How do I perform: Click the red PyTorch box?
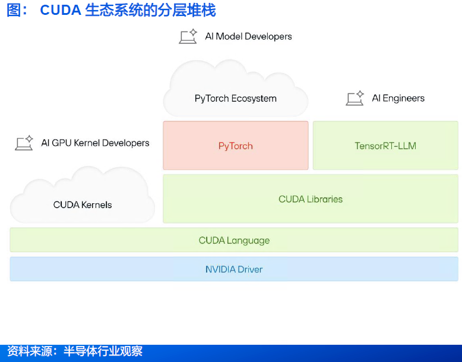point(236,146)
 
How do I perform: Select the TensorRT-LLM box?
point(385,146)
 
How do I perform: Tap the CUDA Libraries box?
point(311,199)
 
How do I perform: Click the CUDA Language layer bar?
point(234,240)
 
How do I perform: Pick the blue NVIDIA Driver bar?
point(234,269)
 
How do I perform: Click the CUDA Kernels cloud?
point(83,199)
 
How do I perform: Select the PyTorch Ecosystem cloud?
point(236,92)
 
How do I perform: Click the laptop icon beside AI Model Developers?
point(188,37)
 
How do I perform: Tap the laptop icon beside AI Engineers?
point(355,99)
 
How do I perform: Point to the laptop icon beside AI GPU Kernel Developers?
point(24,143)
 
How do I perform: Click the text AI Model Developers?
point(248,36)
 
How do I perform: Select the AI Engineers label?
point(398,99)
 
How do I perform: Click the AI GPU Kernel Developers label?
point(95,143)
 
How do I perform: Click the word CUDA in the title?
point(61,10)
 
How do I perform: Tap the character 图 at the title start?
point(14,10)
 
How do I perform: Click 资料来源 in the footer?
point(27,351)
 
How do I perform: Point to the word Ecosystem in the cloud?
point(254,99)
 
